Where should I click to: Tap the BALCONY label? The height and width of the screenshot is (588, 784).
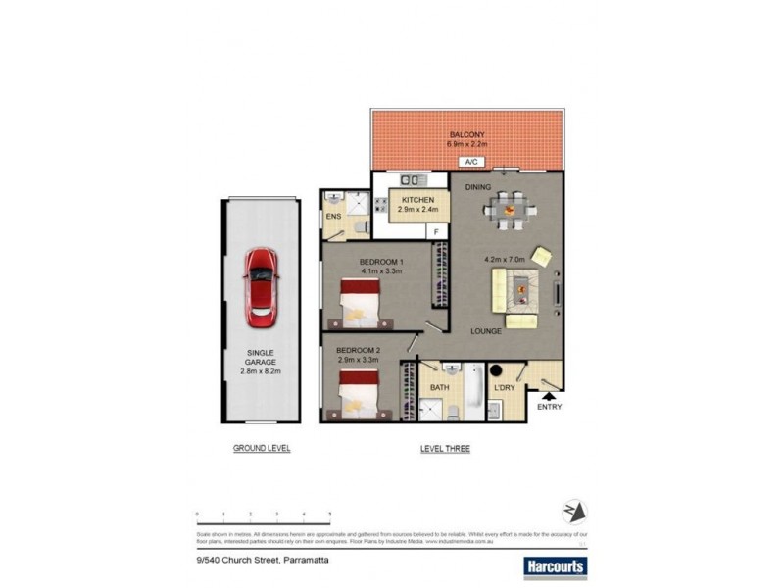point(467,134)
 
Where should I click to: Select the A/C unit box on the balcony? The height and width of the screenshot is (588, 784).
point(470,162)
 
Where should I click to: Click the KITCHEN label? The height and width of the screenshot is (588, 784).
point(416,200)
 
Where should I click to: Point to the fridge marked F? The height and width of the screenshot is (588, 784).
point(436,232)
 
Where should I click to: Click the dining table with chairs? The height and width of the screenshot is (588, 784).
point(508,209)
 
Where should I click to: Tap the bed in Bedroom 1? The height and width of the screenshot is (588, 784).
point(362,303)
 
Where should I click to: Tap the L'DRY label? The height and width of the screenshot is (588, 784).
point(505,388)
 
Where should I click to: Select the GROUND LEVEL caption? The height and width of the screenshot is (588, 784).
point(262,448)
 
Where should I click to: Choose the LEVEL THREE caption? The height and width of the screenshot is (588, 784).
point(445,449)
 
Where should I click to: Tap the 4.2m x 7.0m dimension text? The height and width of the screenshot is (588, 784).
point(505,260)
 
